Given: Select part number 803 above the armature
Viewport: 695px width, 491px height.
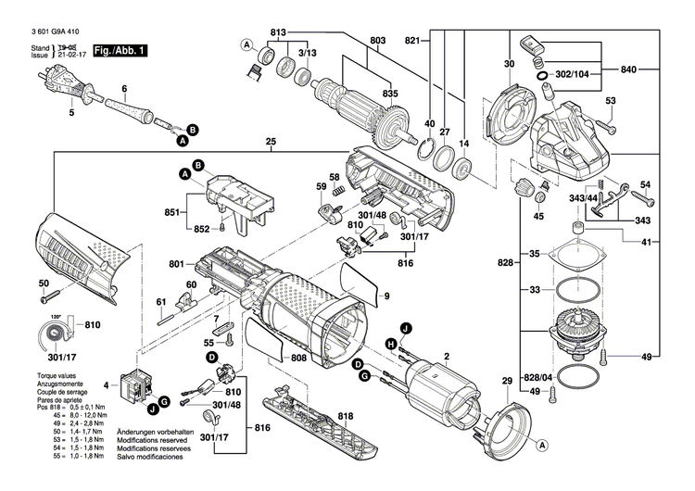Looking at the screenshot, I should tap(377, 41).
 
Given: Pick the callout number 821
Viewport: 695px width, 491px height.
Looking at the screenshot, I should tap(413, 41).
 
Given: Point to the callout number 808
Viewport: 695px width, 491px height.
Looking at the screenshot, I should tap(298, 358).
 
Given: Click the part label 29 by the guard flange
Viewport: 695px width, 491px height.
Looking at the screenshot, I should tap(507, 383).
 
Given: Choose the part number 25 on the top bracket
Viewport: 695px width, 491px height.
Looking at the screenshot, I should tap(272, 142).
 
